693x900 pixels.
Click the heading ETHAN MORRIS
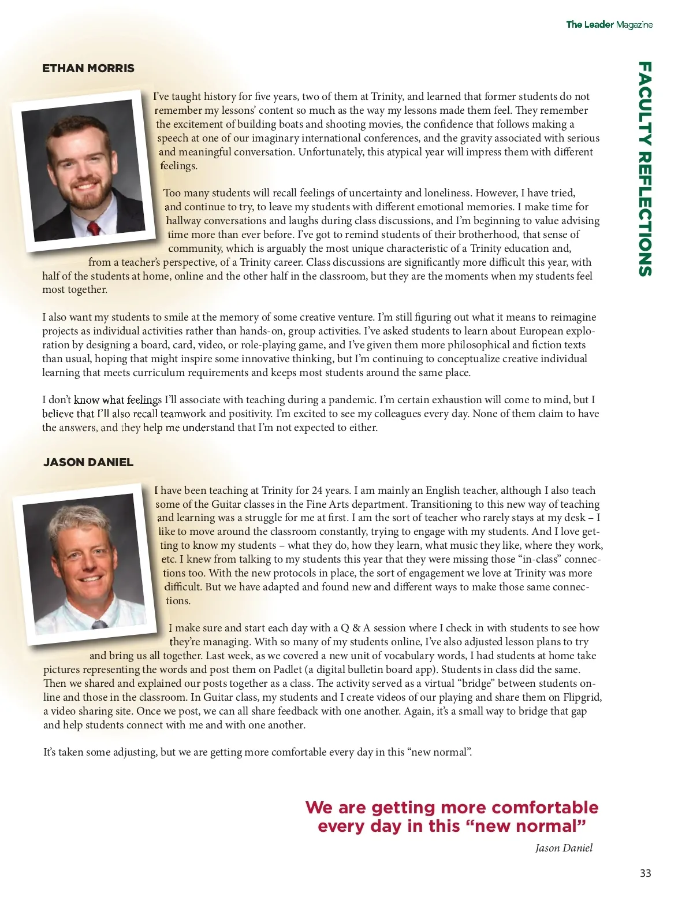click(88, 68)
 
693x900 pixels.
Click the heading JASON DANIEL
click(88, 462)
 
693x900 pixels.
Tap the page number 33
click(645, 873)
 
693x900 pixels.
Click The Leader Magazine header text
click(609, 24)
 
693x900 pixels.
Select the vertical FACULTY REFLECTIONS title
click(645, 169)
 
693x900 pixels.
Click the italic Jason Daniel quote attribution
click(564, 848)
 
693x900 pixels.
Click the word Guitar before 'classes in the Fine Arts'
click(226, 504)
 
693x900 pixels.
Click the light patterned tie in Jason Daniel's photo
click(99, 624)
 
